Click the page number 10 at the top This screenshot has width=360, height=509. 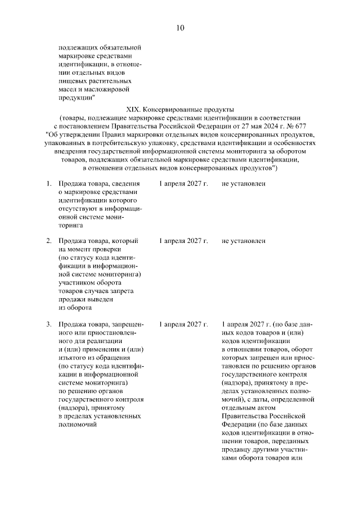[179, 28]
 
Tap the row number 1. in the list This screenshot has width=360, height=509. [49, 184]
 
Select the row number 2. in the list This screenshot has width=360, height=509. [49, 241]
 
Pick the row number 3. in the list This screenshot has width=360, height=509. [49, 325]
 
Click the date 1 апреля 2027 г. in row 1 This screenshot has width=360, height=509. [183, 184]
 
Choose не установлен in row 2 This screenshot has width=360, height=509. [243, 241]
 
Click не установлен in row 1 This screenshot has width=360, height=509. [243, 184]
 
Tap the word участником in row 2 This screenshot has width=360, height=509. [75, 282]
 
